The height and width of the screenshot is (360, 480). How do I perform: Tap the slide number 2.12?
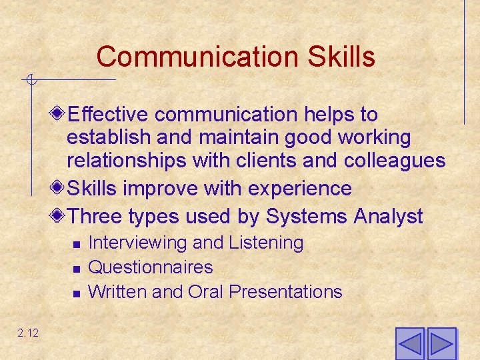tap(29, 333)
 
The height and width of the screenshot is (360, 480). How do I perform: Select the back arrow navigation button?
tap(409, 344)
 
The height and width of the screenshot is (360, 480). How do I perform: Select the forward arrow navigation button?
tap(441, 344)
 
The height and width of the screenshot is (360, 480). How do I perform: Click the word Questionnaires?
tap(150, 267)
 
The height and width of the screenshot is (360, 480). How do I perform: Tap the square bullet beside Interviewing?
tap(77, 245)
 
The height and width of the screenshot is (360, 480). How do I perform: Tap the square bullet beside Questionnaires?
tap(77, 269)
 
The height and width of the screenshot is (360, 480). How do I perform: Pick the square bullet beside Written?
tap(77, 293)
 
